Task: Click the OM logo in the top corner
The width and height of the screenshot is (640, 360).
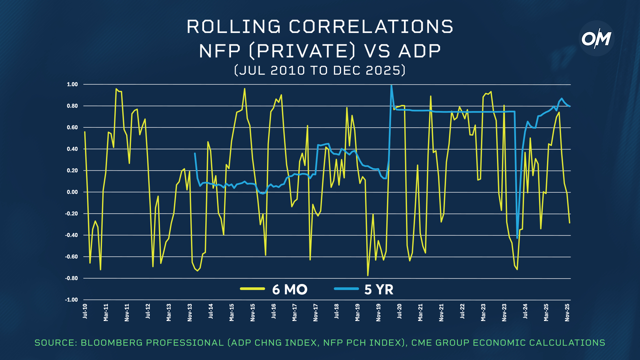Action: [x=596, y=39]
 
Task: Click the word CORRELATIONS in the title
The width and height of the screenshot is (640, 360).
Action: [x=371, y=27]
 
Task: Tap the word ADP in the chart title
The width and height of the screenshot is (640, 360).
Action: [x=419, y=51]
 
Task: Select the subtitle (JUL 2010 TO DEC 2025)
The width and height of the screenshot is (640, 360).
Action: [x=320, y=70]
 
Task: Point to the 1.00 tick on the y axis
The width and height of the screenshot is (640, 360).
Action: [x=72, y=84]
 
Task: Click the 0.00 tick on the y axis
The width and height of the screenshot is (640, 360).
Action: [x=72, y=192]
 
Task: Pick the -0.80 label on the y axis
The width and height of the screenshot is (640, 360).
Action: [x=71, y=278]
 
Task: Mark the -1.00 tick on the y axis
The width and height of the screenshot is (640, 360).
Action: [x=71, y=300]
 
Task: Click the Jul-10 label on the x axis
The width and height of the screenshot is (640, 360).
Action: [x=85, y=311]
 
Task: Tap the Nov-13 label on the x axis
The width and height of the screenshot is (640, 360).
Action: [x=190, y=312]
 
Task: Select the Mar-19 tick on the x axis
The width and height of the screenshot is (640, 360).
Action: [x=357, y=312]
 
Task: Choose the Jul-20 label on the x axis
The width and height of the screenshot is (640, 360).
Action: [x=399, y=311]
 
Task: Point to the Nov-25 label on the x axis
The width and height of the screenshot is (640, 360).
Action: [x=567, y=312]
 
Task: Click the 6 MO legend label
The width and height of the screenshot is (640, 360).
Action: [x=290, y=289]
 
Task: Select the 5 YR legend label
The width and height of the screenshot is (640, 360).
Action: [x=379, y=289]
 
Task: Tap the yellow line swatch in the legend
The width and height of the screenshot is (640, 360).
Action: [x=252, y=289]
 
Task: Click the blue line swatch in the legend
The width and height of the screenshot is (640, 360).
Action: [x=346, y=289]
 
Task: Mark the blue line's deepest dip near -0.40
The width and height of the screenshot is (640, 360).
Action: [x=517, y=238]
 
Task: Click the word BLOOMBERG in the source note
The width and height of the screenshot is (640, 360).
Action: [x=111, y=343]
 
